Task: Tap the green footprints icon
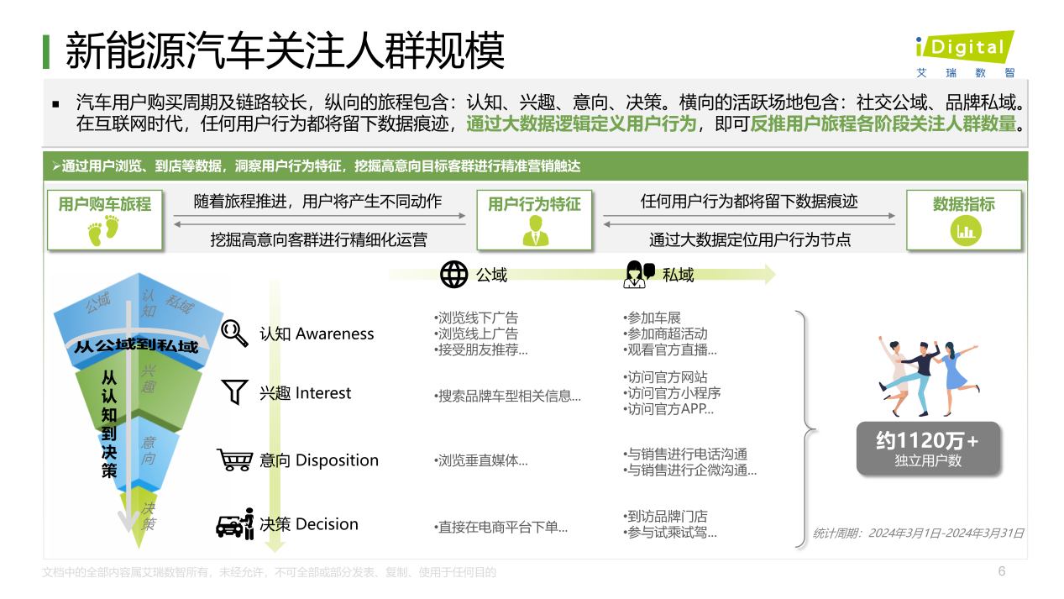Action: coord(103,230)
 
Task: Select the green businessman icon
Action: coord(535,230)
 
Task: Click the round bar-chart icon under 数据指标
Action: coord(966,231)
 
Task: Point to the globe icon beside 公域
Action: coord(453,274)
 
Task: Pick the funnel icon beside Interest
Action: coord(234,391)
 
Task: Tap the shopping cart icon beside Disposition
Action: coord(234,460)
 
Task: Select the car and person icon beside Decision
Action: coord(235,524)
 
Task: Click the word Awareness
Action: coord(334,334)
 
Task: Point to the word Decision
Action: coord(327,524)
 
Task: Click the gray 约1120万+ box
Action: coord(928,449)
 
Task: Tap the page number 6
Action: coord(1002,571)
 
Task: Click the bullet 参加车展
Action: coord(652,318)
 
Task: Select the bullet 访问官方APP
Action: coord(668,408)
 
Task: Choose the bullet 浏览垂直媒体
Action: coord(480,460)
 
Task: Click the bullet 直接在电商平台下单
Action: coord(501,527)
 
